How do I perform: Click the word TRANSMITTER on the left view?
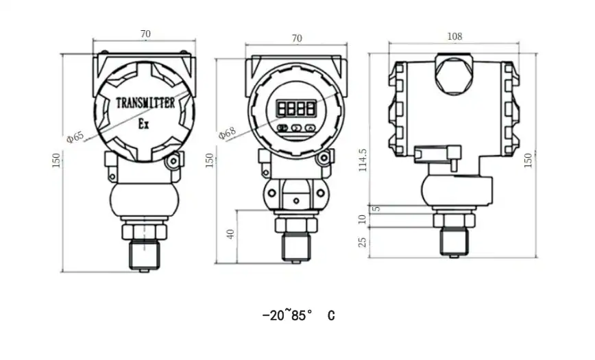point(145,103)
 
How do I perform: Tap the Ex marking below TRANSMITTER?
point(144,124)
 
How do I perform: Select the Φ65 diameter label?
point(75,136)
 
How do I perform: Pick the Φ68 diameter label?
point(226,132)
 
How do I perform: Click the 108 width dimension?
point(454,36)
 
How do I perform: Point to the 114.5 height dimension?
point(363,160)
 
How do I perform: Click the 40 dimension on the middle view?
point(231,233)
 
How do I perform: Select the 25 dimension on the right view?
point(363,241)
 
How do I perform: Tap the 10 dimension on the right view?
point(363,219)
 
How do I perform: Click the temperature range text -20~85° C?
point(299,315)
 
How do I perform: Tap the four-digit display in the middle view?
point(296,108)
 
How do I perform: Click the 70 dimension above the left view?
point(145,33)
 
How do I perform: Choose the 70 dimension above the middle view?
point(296,38)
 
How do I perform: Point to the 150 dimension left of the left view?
point(56,160)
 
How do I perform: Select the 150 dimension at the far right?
point(528,159)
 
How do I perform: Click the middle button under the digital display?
point(296,128)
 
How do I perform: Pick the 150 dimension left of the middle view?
point(210,160)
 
